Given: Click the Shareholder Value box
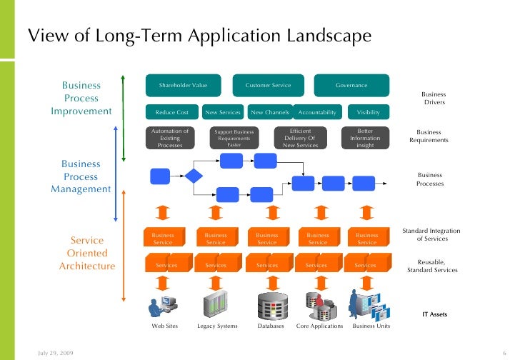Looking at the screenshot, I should click(x=183, y=85).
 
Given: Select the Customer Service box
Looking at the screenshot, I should click(x=268, y=85).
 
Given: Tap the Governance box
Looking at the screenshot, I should click(x=351, y=85).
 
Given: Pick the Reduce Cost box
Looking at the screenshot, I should click(x=171, y=112).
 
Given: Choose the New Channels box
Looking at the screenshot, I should click(x=270, y=112).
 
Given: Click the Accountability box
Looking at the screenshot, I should click(x=316, y=112).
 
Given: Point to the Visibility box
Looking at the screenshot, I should click(x=369, y=112).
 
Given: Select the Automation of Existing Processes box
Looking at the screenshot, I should click(x=170, y=138).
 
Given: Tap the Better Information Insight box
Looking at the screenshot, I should click(x=365, y=138).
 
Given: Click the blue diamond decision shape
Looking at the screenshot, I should click(x=194, y=176).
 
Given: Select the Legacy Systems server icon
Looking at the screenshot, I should click(x=216, y=306).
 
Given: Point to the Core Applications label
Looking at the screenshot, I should click(x=319, y=326).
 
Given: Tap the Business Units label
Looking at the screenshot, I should click(x=371, y=326).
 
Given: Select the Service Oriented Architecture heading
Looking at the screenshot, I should click(x=87, y=253).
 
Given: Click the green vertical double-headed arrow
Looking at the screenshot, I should click(x=124, y=117).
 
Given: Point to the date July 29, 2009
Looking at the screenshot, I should click(x=54, y=353).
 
